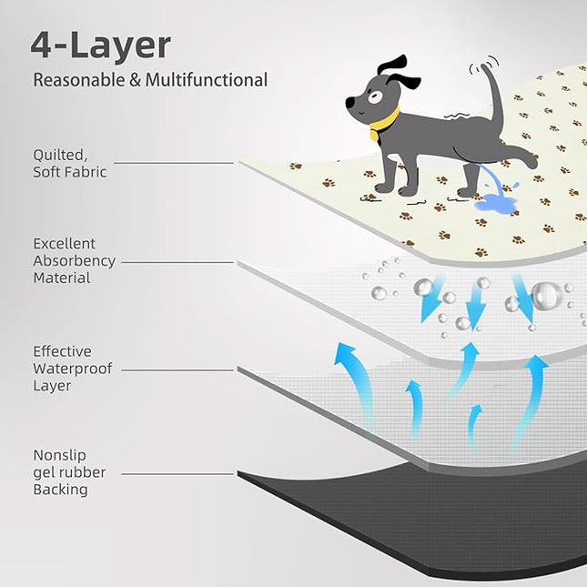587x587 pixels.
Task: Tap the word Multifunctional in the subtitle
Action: pyautogui.click(x=210, y=80)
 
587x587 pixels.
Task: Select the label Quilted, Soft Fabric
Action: pyautogui.click(x=69, y=163)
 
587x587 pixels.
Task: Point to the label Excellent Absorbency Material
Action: pyautogui.click(x=74, y=261)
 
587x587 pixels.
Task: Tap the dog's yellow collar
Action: pyautogui.click(x=385, y=120)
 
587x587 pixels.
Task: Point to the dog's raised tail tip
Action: pyautogui.click(x=489, y=66)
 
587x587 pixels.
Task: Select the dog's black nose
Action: pyautogui.click(x=349, y=104)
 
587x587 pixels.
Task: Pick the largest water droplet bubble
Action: pyautogui.click(x=546, y=296)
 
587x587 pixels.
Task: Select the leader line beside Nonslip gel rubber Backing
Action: pyautogui.click(x=178, y=473)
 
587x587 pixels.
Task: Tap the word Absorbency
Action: pyautogui.click(x=74, y=261)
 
